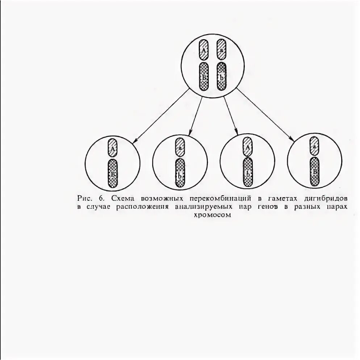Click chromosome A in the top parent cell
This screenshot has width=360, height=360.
204,50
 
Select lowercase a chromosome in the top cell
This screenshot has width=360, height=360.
221,50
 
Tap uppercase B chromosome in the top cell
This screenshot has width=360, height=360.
204,76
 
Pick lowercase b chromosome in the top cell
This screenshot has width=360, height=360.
221,76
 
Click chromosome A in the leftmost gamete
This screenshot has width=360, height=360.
113,148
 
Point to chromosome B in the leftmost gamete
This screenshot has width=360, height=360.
113,173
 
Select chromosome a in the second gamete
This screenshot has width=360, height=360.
180,147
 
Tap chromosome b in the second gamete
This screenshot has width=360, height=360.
180,173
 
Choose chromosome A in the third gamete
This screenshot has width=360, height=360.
248,147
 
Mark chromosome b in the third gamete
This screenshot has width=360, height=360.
248,172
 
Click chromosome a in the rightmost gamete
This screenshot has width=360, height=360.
315,146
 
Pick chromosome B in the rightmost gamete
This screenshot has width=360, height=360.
315,171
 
